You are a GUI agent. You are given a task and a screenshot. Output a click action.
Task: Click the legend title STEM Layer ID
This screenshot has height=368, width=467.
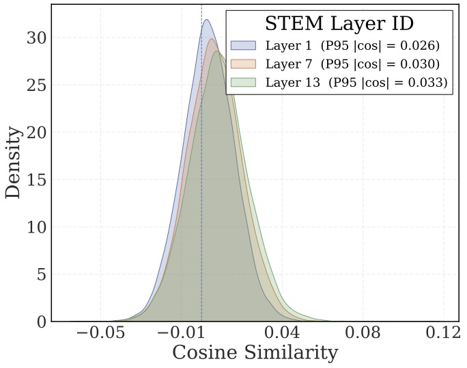point(339,23)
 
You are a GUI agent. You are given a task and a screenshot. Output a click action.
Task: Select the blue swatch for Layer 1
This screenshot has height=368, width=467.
point(243,46)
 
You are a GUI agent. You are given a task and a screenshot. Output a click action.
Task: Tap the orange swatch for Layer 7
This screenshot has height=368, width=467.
point(243,64)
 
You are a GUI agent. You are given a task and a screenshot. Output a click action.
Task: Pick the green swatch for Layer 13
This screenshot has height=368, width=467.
point(243,83)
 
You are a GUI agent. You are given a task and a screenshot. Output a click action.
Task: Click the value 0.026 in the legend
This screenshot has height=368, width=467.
point(417,46)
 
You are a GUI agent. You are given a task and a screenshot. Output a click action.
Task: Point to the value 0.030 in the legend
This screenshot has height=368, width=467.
point(417,64)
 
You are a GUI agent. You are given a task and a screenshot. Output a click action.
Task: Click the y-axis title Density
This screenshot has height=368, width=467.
point(13,162)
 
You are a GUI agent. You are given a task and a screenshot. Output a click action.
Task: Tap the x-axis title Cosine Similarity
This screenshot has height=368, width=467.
point(255,353)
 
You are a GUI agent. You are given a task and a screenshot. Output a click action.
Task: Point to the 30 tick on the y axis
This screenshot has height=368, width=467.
point(37,38)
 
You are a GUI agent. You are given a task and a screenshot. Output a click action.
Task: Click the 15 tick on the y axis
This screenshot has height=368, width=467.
point(37,180)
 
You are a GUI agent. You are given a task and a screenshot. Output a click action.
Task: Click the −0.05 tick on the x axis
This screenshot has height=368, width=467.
point(102,334)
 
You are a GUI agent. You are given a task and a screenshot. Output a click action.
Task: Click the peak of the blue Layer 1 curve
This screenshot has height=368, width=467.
point(206,20)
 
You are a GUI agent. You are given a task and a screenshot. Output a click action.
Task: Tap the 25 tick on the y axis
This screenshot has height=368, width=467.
point(37,85)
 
